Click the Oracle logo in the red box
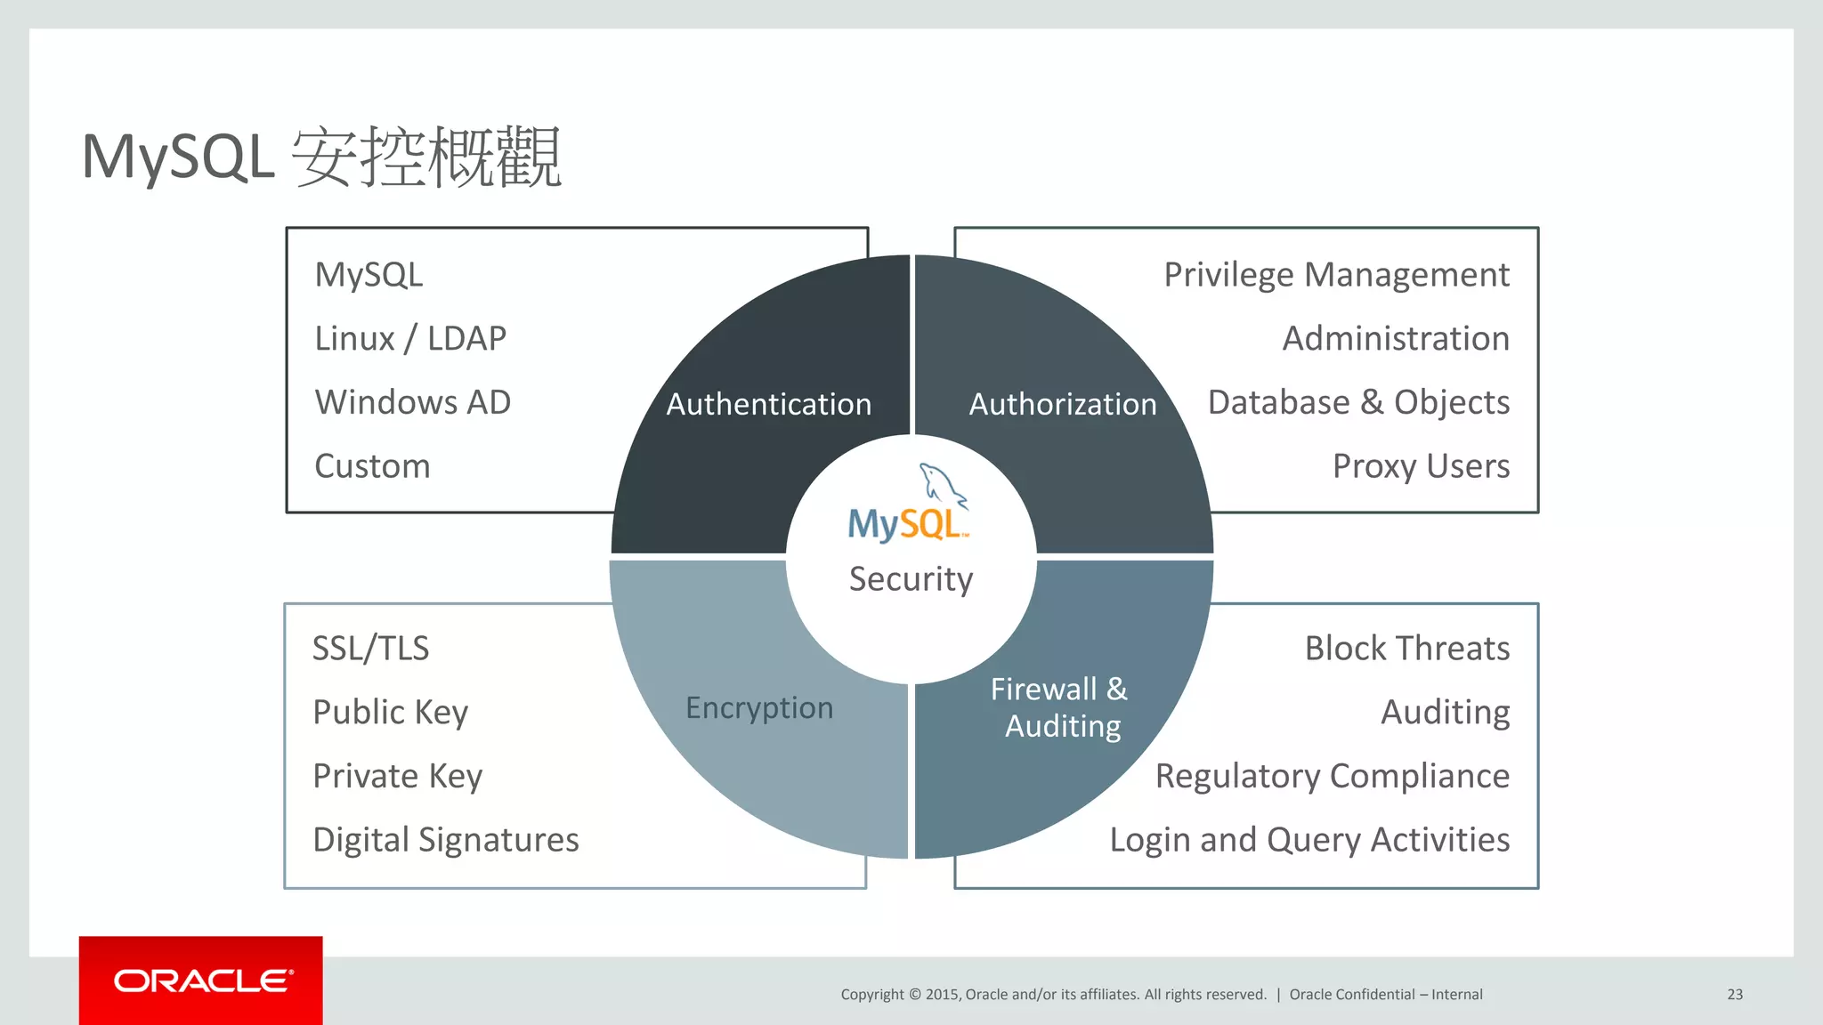pyautogui.click(x=203, y=981)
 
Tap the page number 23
pyautogui.click(x=1735, y=995)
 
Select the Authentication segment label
pyautogui.click(x=768, y=404)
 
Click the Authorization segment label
pyautogui.click(x=1062, y=404)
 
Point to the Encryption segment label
pyautogui.click(x=759, y=707)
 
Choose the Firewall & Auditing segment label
pyautogui.click(x=1060, y=707)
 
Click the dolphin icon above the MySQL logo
pyautogui.click(x=941, y=485)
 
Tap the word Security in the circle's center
pyautogui.click(x=911, y=579)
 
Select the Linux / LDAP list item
pyautogui.click(x=410, y=338)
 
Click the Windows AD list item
pyautogui.click(x=413, y=402)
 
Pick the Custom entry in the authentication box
pyautogui.click(x=372, y=466)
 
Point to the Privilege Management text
pyautogui.click(x=1336, y=275)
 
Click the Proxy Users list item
pyautogui.click(x=1421, y=466)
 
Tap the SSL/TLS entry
pyautogui.click(x=370, y=649)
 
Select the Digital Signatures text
pyautogui.click(x=446, y=840)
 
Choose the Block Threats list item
pyautogui.click(x=1406, y=649)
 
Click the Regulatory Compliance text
pyautogui.click(x=1332, y=776)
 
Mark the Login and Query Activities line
pyautogui.click(x=1309, y=840)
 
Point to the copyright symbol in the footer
pyautogui.click(x=914, y=995)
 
